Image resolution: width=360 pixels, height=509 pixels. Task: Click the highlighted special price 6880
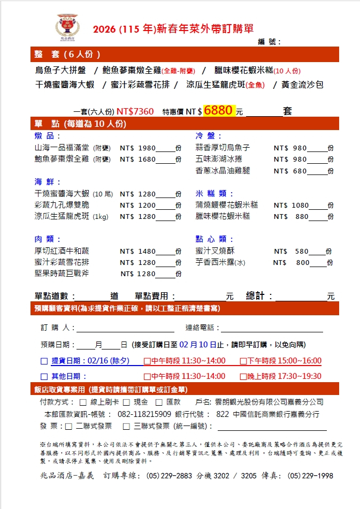pyautogui.click(x=219, y=111)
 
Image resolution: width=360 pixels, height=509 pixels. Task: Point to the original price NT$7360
pyautogui.click(x=135, y=112)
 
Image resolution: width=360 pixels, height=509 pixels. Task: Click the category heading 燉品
pyautogui.click(x=44, y=136)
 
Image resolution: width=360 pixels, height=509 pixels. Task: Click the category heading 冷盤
pyautogui.click(x=208, y=136)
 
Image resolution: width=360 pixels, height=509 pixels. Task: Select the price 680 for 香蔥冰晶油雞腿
pyautogui.click(x=300, y=171)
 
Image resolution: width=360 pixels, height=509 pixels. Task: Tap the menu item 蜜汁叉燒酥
pyautogui.click(x=216, y=251)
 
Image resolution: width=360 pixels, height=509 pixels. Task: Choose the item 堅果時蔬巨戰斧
pyautogui.click(x=62, y=274)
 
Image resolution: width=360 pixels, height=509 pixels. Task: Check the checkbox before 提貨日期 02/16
pyautogui.click(x=44, y=361)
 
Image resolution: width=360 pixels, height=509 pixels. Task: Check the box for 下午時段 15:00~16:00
pyautogui.click(x=243, y=361)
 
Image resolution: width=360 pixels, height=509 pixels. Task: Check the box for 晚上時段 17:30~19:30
pyautogui.click(x=243, y=376)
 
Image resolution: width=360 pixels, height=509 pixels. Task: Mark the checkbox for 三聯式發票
pyautogui.click(x=127, y=427)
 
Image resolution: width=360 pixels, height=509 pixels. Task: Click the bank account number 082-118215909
pyautogui.click(x=144, y=414)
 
